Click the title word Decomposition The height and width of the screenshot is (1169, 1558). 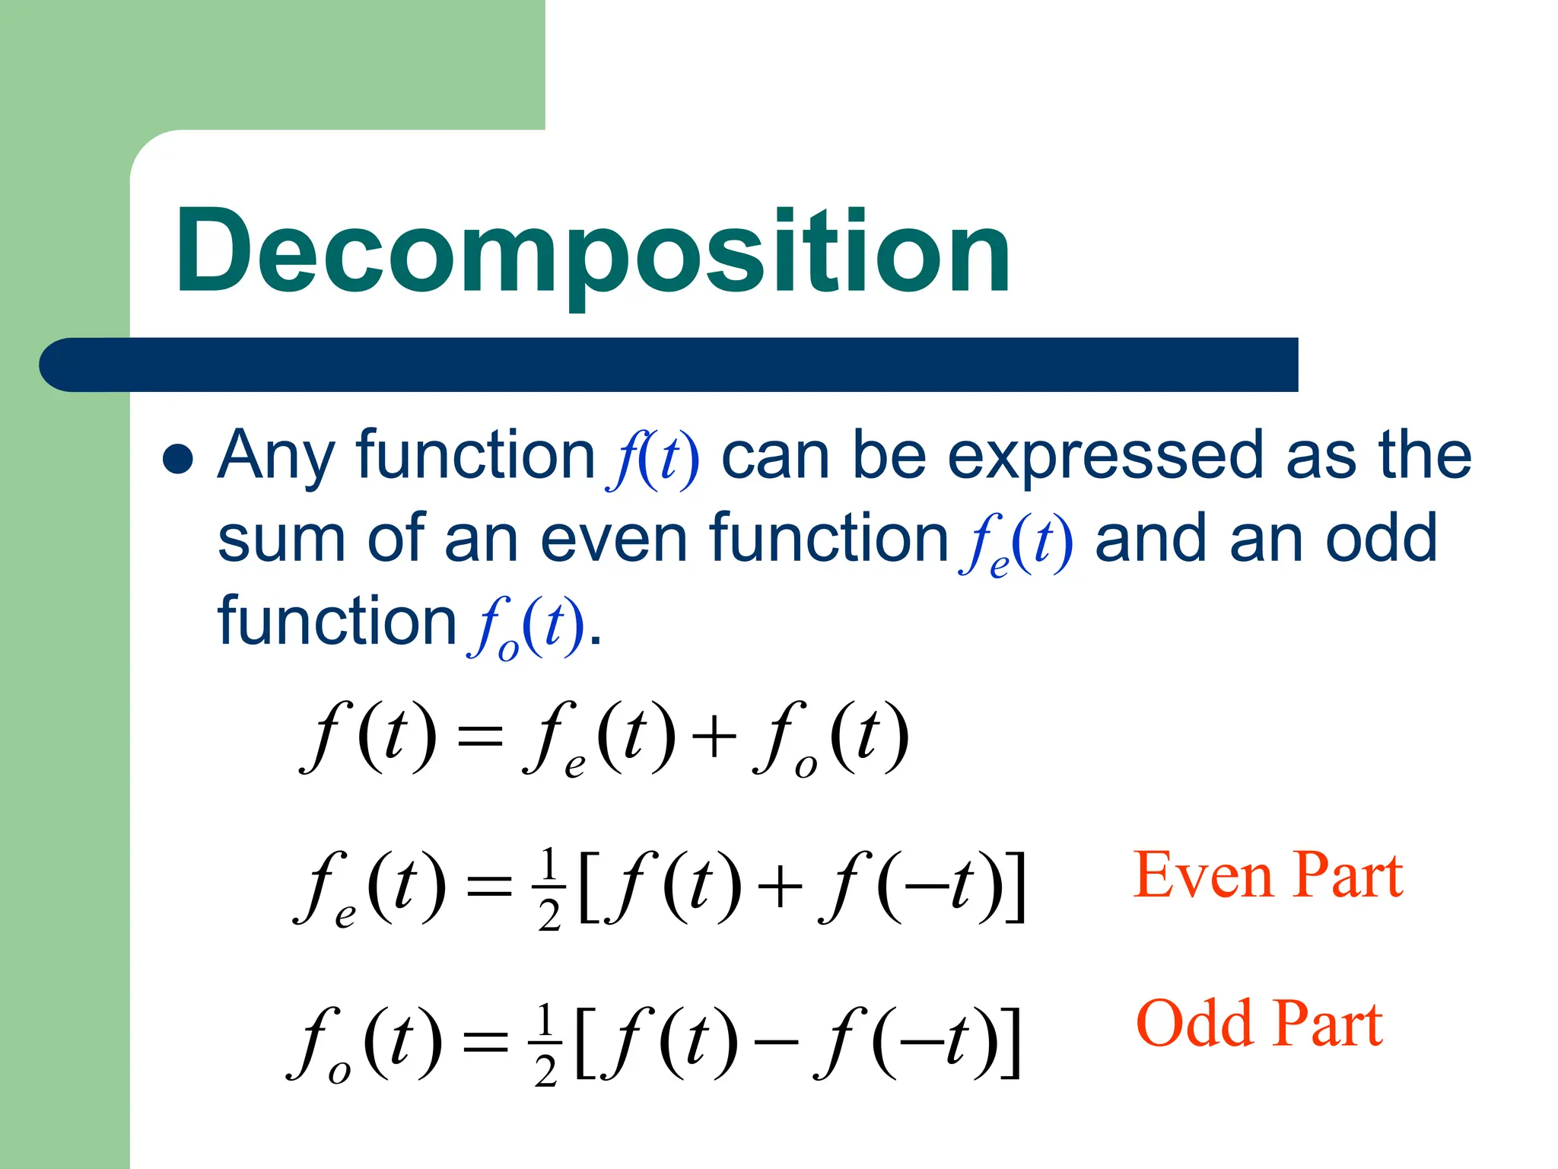pos(593,251)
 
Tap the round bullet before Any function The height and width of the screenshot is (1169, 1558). pos(178,459)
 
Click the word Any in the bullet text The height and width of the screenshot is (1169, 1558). pos(275,457)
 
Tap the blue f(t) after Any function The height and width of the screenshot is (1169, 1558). pos(653,459)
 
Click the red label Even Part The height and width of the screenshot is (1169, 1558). pos(1267,876)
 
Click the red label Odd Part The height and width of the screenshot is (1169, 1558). pos(1259,1024)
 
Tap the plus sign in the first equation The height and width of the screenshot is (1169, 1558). pos(714,737)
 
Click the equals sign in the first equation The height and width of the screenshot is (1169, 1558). pos(479,737)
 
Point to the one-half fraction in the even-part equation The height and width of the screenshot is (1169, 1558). pos(549,888)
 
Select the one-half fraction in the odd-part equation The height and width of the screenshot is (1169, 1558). pos(545,1044)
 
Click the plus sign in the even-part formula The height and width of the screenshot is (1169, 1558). pos(780,887)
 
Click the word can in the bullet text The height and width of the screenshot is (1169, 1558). pos(775,457)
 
